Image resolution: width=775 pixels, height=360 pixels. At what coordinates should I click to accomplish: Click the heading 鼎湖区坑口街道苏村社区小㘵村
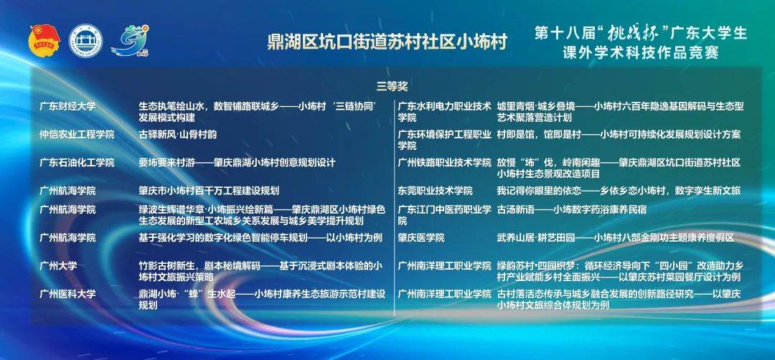pos(387,42)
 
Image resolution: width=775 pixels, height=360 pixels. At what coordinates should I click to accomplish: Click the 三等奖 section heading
pos(392,86)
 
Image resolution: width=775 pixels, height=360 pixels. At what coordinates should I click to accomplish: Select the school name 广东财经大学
pos(67,106)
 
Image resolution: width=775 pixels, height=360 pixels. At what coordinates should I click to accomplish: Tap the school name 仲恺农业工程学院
pos(77,134)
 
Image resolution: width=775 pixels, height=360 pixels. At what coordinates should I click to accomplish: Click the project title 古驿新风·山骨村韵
pos(177,134)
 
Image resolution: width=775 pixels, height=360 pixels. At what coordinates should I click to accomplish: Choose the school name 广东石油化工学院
pos(77,163)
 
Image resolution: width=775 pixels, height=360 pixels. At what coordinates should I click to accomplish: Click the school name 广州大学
pos(58,265)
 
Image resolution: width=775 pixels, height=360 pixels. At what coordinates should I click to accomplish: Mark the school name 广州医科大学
pos(67,294)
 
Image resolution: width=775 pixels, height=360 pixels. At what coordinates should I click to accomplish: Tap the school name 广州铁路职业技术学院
pos(445,163)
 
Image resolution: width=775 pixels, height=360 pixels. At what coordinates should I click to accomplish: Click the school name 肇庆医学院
pos(421,237)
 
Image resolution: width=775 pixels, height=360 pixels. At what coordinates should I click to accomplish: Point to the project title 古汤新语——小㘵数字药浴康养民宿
pos(571,209)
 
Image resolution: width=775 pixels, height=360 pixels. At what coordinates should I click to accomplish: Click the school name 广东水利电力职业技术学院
pos(445,112)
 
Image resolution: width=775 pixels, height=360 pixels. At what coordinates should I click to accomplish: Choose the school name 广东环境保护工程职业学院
pos(445,140)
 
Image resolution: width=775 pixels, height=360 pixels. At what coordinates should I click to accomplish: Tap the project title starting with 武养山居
pos(616,237)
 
